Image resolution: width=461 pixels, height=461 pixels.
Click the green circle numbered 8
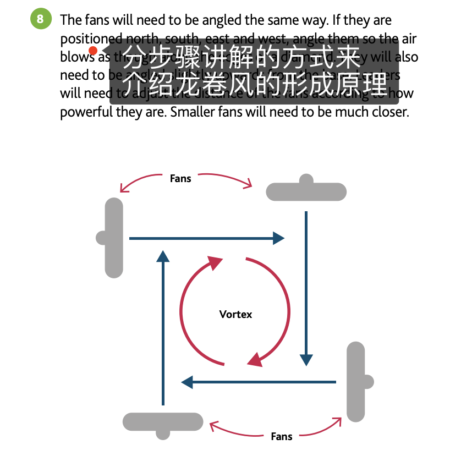pos(40,20)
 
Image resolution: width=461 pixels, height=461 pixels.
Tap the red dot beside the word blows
pos(93,51)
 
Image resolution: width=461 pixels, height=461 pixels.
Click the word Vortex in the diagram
pos(235,314)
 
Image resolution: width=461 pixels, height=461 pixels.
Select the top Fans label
pos(180,178)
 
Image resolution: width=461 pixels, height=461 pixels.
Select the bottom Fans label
pos(281,436)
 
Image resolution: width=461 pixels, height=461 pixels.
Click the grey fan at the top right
pos(306,191)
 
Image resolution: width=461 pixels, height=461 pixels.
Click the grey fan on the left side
pos(113,238)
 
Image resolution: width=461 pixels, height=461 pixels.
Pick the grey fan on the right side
pos(356,382)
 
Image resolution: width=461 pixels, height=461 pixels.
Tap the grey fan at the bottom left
pos(163,422)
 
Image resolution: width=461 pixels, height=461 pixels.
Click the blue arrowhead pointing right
pos(278,238)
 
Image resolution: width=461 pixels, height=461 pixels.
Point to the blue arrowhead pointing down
pos(306,360)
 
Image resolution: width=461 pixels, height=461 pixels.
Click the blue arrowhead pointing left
pos(188,381)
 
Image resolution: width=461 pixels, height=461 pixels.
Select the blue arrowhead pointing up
pos(163,256)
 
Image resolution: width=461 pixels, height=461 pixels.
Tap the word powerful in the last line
pos(83,112)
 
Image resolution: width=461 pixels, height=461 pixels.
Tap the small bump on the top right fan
pos(306,179)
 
